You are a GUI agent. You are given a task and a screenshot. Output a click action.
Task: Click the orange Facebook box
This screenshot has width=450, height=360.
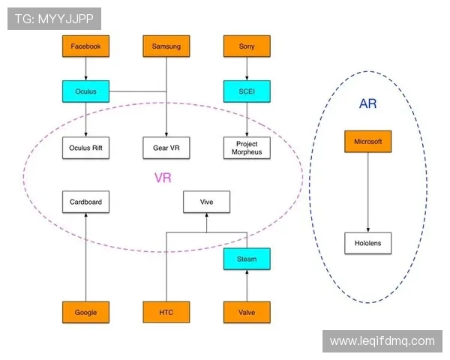85,46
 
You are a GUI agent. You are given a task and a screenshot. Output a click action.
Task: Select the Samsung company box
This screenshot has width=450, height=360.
166,46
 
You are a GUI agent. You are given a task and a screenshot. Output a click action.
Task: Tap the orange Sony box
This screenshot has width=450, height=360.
247,46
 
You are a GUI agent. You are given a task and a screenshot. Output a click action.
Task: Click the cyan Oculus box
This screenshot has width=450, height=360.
85,91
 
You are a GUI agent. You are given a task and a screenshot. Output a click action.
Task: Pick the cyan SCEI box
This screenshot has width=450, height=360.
247,91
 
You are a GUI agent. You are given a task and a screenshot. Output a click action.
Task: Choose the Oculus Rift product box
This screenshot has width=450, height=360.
85,148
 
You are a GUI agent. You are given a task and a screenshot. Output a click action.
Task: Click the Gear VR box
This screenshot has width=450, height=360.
166,148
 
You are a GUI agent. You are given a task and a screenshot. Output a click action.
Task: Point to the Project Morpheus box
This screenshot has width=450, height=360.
247,148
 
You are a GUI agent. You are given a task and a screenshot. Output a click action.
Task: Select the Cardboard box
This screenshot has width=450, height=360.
85,202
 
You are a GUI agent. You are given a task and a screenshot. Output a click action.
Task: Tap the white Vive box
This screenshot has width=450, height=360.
206,202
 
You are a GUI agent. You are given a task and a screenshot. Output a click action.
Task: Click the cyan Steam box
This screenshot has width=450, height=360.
247,259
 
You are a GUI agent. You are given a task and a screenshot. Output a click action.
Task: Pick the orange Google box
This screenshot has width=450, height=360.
85,312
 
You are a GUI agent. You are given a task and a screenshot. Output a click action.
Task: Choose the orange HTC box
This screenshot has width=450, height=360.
166,312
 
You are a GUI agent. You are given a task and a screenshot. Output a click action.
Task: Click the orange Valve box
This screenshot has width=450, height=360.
247,312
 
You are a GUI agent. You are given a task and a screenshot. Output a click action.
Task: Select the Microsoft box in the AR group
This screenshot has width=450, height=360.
367,142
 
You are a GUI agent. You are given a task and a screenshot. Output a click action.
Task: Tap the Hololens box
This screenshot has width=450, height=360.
367,243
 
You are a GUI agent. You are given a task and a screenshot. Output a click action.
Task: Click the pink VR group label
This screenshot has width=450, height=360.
163,178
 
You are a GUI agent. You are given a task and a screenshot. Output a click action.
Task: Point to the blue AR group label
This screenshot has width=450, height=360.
367,103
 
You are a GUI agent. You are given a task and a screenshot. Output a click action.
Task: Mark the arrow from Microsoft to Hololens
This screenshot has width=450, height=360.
367,192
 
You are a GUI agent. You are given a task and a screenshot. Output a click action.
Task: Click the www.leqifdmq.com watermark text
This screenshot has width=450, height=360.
382,341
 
